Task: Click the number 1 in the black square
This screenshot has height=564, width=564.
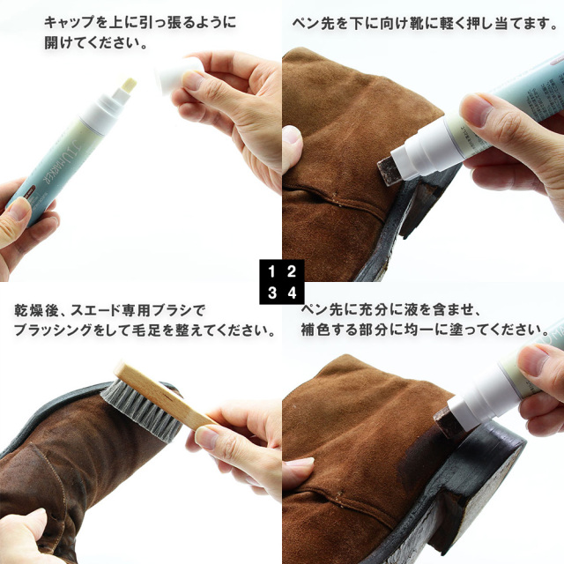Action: click(x=272, y=271)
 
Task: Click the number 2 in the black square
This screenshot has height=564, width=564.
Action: click(x=292, y=271)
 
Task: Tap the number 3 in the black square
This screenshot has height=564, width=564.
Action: click(x=272, y=293)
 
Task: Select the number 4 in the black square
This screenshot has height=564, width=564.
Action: click(x=292, y=293)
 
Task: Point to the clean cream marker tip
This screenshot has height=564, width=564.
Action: click(x=129, y=86)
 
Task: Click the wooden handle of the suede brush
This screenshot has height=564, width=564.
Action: click(x=162, y=395)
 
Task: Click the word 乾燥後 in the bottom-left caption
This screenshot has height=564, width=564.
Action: click(x=36, y=310)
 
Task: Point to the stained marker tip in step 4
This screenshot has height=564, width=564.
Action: click(x=445, y=421)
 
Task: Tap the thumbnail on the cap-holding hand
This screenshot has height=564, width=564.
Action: click(x=192, y=81)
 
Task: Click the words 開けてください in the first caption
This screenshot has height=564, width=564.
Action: click(x=91, y=43)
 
